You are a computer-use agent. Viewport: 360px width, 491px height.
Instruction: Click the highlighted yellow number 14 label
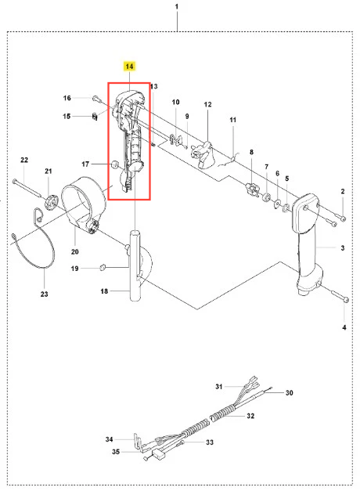pos(129,66)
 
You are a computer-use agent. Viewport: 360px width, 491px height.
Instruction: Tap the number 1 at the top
pos(177,6)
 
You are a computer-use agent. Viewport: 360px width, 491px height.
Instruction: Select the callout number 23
pos(44,294)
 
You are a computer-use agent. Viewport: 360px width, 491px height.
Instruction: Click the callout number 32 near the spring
pos(250,416)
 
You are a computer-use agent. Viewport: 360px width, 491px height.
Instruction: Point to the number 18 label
pos(104,291)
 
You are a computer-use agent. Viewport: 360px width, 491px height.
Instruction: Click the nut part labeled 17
pos(114,164)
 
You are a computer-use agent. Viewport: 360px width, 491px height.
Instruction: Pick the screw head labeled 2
pos(343,218)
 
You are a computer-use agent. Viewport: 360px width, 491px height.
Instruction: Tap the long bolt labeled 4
pos(339,296)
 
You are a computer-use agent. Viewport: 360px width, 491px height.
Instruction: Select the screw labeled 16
pos(96,99)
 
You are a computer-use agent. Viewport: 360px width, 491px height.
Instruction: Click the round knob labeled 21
pos(52,201)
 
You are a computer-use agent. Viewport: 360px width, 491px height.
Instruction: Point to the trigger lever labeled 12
pos(203,155)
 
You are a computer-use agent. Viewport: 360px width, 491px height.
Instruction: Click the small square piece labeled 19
pos(102,267)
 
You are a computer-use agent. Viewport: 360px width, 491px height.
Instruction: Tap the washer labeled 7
pos(267,197)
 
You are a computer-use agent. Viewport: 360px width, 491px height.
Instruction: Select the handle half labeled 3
pos(308,244)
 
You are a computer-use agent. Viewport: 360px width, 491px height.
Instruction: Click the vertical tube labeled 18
pos(135,265)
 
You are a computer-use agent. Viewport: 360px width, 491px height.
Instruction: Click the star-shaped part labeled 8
pos(253,190)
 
